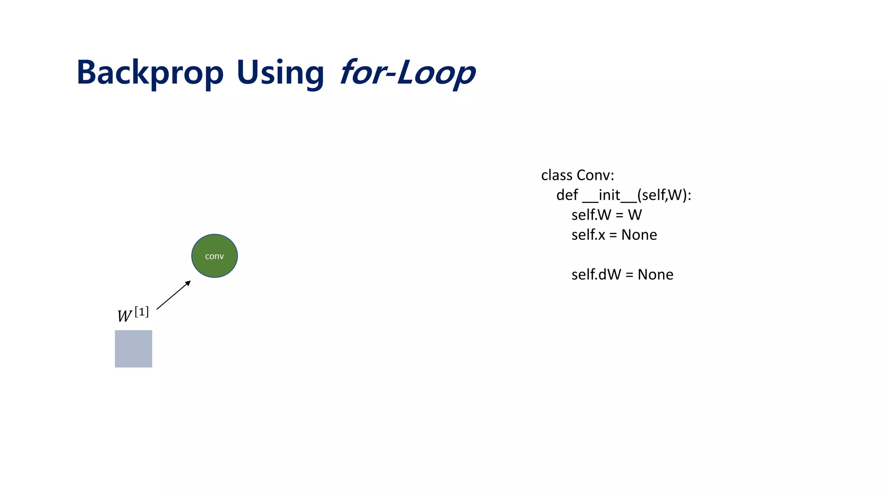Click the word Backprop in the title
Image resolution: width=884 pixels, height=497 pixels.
point(150,72)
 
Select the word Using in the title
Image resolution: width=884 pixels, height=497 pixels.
point(280,72)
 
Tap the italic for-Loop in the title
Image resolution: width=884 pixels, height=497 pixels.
point(407,72)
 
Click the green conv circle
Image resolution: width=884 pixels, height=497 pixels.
point(215,256)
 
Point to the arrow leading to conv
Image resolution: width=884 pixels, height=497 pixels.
point(173,296)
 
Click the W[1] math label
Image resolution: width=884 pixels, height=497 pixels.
point(133,314)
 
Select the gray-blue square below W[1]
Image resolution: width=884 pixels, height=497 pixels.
point(133,349)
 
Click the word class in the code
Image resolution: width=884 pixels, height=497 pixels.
point(556,175)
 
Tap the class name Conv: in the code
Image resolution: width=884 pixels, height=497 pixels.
point(595,175)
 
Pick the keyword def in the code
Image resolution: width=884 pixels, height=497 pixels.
point(567,195)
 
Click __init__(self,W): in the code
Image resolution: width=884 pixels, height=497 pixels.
point(637,195)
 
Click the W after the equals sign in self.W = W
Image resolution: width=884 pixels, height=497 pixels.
point(635,215)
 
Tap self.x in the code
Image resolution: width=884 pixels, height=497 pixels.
point(588,235)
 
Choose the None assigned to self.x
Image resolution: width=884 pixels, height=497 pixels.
point(639,235)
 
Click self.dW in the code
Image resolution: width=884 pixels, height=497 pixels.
point(596,274)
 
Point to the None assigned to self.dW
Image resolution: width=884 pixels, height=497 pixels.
point(655,274)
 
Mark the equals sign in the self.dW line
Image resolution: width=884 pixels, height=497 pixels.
point(629,275)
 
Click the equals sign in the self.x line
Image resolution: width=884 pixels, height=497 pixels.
point(613,235)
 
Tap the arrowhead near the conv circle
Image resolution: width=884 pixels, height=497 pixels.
point(188,283)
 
